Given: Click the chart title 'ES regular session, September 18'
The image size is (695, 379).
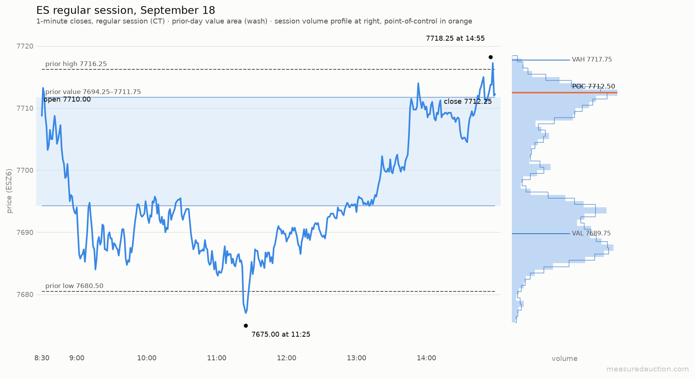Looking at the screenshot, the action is coord(126,10).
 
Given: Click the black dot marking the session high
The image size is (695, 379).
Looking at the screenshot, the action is coord(490,57).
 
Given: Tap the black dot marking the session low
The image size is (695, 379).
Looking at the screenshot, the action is coord(246,326).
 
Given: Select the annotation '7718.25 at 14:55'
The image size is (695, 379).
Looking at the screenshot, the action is coord(455,38).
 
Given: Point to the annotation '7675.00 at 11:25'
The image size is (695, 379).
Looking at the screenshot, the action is coord(281,334).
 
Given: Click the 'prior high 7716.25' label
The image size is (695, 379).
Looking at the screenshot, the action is coord(76,64).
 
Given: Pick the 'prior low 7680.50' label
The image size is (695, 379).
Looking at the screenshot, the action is coord(75,286).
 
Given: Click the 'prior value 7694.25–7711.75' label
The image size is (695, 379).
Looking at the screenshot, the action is coord(93,92).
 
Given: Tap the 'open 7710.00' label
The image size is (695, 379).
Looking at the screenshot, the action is coord(67,100).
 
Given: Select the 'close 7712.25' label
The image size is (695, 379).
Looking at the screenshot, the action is coord(468,102).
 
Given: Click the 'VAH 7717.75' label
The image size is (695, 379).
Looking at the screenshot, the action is coord(592,60).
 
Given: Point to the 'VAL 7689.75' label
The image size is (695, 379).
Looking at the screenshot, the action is coord(591,233).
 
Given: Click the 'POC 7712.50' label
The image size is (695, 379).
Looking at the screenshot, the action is coord(594,86).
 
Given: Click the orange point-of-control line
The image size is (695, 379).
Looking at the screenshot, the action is coord(565,93).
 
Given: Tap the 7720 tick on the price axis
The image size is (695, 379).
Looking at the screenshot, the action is coord(25,47).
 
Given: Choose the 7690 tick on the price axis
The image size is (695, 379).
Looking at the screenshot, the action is coord(25,233).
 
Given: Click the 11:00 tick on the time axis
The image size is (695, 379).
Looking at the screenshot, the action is coord(217,358).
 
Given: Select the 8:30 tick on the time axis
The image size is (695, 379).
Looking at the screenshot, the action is coord(42,358).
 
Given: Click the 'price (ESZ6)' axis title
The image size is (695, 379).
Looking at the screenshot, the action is coord(10,191).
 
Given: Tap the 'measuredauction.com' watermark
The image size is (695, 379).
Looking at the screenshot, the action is coord(648,369).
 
